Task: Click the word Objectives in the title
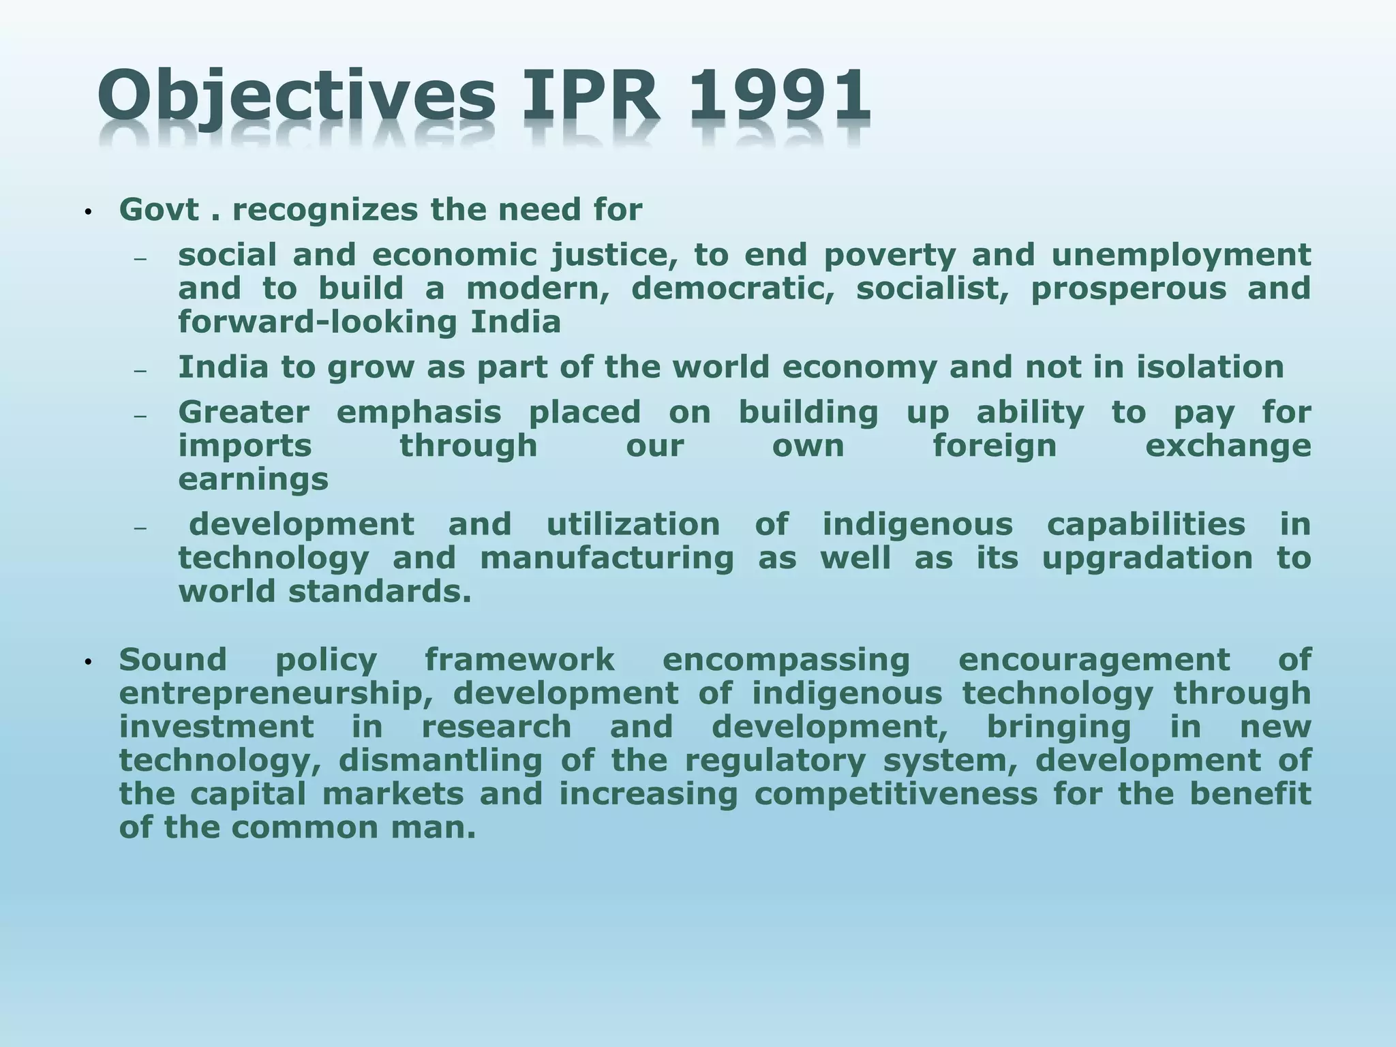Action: pyautogui.click(x=297, y=99)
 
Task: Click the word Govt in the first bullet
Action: pyautogui.click(x=160, y=210)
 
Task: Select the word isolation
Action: pyautogui.click(x=1210, y=367)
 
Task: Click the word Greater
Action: pyautogui.click(x=243, y=412)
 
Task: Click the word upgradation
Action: pyautogui.click(x=1147, y=558)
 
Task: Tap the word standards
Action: pyautogui.click(x=380, y=592)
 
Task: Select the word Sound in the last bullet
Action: pyautogui.click(x=172, y=660)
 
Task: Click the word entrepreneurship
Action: pyautogui.click(x=276, y=693)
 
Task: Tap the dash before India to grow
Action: pyautogui.click(x=140, y=371)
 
